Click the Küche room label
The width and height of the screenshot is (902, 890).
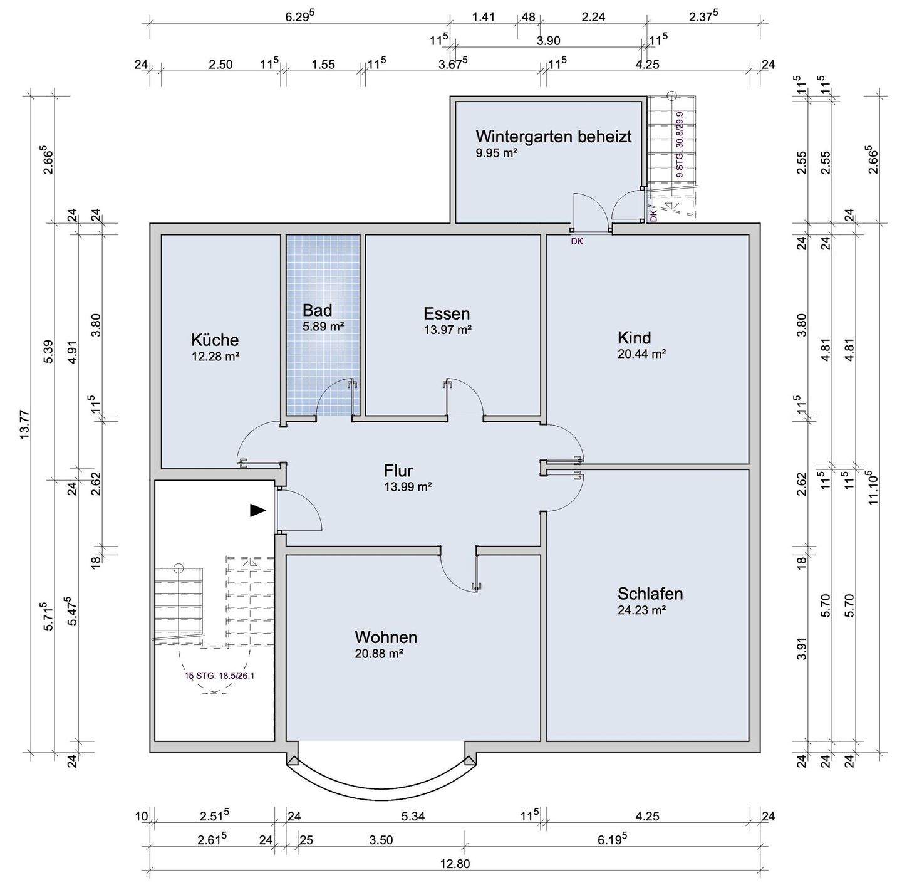click(x=215, y=340)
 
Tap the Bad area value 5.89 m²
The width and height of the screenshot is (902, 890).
click(x=323, y=327)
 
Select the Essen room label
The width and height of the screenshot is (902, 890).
click(x=447, y=314)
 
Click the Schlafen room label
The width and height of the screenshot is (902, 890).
click(x=650, y=594)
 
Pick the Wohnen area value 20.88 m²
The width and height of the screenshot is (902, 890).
click(x=378, y=654)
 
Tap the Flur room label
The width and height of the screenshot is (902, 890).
click(x=398, y=471)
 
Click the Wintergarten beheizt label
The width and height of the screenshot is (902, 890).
click(x=554, y=136)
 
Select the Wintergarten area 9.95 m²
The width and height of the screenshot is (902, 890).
click(x=496, y=153)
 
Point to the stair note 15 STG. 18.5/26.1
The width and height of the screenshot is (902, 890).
click(x=219, y=676)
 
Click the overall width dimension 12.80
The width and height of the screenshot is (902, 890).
click(x=455, y=864)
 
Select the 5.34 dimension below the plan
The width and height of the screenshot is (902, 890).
click(x=413, y=816)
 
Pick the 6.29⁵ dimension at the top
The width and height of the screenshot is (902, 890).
click(x=299, y=16)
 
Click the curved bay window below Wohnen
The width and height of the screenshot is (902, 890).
click(x=382, y=784)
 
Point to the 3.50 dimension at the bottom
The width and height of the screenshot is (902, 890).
click(x=381, y=840)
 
